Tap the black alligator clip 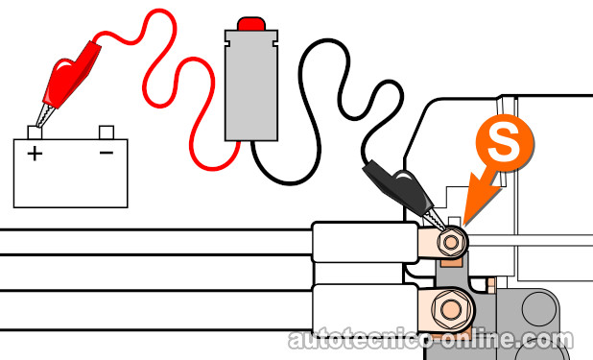pos(402,189)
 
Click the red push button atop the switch pos(251,23)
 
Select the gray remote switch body pos(251,85)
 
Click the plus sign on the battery pos(35,154)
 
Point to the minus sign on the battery pos(107,153)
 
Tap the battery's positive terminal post pos(35,132)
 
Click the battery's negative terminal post pos(107,132)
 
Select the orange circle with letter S pos(505,143)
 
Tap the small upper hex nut pos(451,241)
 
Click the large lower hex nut pos(451,309)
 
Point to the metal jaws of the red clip pos(45,116)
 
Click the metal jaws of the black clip pos(436,220)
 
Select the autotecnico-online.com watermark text pos(431,339)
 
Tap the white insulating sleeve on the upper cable pos(365,242)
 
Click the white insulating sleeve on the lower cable pos(365,308)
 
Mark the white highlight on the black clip pos(402,177)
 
